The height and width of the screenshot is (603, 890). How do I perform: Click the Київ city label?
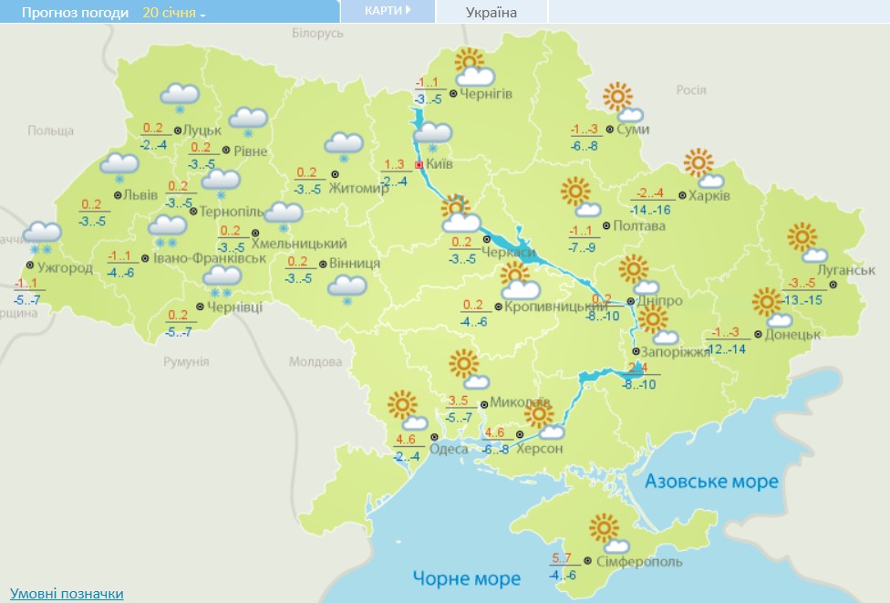(x=440, y=164)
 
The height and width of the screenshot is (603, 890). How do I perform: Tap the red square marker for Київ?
(x=419, y=165)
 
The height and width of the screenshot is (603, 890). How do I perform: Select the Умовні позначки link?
(x=67, y=594)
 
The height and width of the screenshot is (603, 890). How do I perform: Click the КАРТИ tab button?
(x=387, y=11)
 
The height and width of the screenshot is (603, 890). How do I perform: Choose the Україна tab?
(x=491, y=12)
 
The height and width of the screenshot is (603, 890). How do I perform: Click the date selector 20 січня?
(x=173, y=13)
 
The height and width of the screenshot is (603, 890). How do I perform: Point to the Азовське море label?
(x=712, y=481)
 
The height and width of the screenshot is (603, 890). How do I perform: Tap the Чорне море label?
(x=466, y=578)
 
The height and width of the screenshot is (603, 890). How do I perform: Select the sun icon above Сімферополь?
(x=604, y=528)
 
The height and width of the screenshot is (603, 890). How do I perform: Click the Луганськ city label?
(x=847, y=271)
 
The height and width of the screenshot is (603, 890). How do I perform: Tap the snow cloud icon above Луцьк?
(x=180, y=96)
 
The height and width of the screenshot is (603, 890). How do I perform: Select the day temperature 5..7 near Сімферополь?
(x=564, y=558)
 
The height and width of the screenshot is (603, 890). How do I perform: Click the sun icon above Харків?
(x=699, y=162)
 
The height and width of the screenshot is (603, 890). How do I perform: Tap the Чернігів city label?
(x=486, y=94)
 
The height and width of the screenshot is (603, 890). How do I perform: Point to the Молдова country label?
(x=315, y=361)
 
